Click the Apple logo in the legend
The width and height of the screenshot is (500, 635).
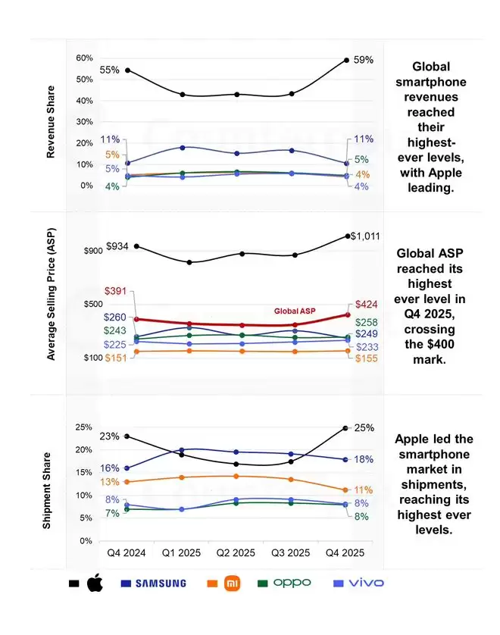coord(95,583)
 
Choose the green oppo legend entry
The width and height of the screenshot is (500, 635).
coord(292,583)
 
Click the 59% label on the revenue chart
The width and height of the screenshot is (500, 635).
coord(364,60)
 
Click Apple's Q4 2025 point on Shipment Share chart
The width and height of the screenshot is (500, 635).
coord(345,428)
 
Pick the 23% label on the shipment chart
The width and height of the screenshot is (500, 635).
coord(109,436)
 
